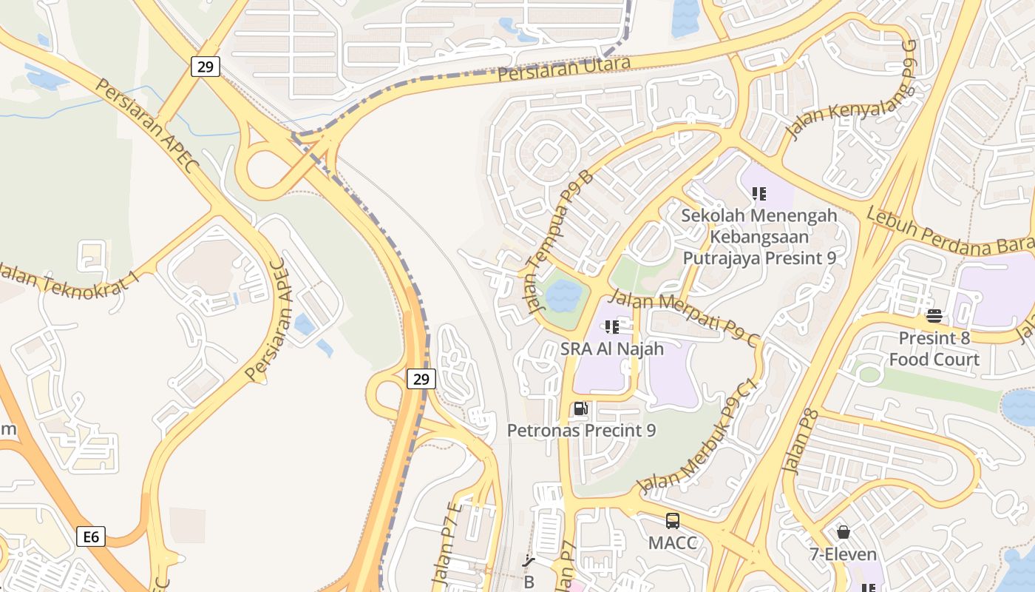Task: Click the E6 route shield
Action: (x=91, y=536)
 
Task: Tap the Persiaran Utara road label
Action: (x=563, y=69)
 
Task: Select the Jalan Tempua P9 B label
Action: (x=560, y=240)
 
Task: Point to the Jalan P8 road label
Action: (x=801, y=440)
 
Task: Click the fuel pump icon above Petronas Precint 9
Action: (x=581, y=408)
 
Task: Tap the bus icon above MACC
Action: (x=672, y=521)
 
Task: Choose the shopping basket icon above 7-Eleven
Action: (x=843, y=532)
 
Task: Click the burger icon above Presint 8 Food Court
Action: (x=934, y=316)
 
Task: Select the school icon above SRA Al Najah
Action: (x=611, y=326)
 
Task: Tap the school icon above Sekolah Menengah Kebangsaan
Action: (x=759, y=194)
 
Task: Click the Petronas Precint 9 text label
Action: (x=581, y=430)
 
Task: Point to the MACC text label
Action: (x=672, y=542)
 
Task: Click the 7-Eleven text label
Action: (x=843, y=554)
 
